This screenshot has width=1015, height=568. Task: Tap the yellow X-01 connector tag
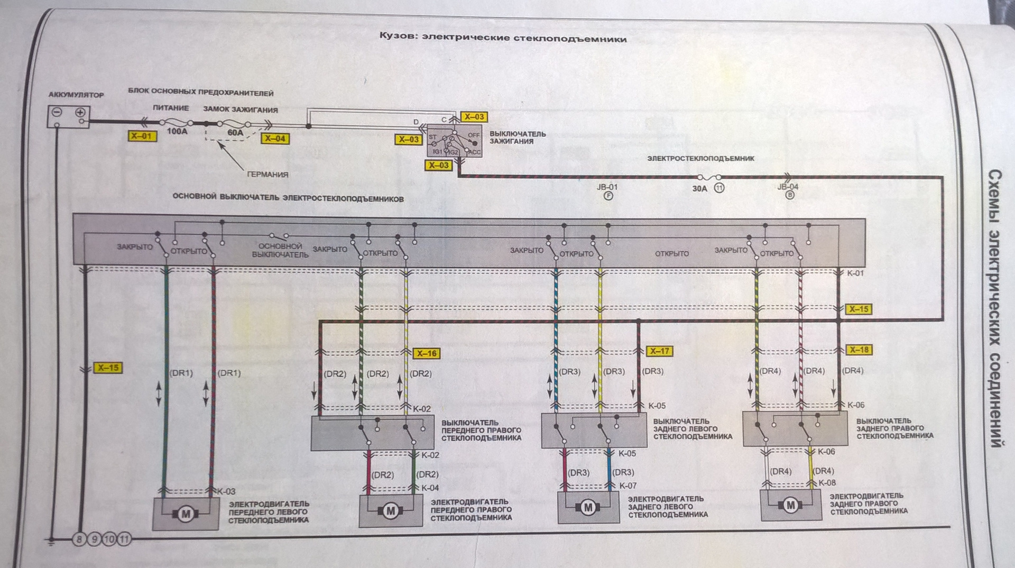tap(141, 136)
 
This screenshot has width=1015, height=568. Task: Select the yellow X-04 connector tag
tap(275, 139)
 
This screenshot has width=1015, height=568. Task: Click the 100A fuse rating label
tap(177, 131)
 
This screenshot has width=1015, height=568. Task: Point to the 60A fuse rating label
tap(235, 133)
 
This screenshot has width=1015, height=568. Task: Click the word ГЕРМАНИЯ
tap(268, 175)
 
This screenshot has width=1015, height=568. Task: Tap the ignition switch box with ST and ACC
tap(454, 141)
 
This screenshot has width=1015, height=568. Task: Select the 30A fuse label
tap(699, 188)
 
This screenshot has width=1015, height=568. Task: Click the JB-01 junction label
tap(607, 187)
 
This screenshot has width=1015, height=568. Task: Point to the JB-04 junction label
tap(788, 187)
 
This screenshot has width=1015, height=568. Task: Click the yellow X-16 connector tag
tap(426, 353)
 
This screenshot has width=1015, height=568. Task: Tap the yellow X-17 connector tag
tap(659, 351)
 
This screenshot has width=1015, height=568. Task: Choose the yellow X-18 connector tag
tap(859, 350)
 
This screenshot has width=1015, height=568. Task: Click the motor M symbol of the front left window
tap(186, 514)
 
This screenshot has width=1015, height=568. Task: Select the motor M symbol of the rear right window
tap(790, 505)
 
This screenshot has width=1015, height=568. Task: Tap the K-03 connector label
tap(226, 491)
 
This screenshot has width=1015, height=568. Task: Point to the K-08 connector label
tap(827, 483)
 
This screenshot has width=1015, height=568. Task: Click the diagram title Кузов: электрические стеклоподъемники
tap(503, 38)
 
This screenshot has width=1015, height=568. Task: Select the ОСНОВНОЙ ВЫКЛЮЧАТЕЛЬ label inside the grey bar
tap(280, 250)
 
